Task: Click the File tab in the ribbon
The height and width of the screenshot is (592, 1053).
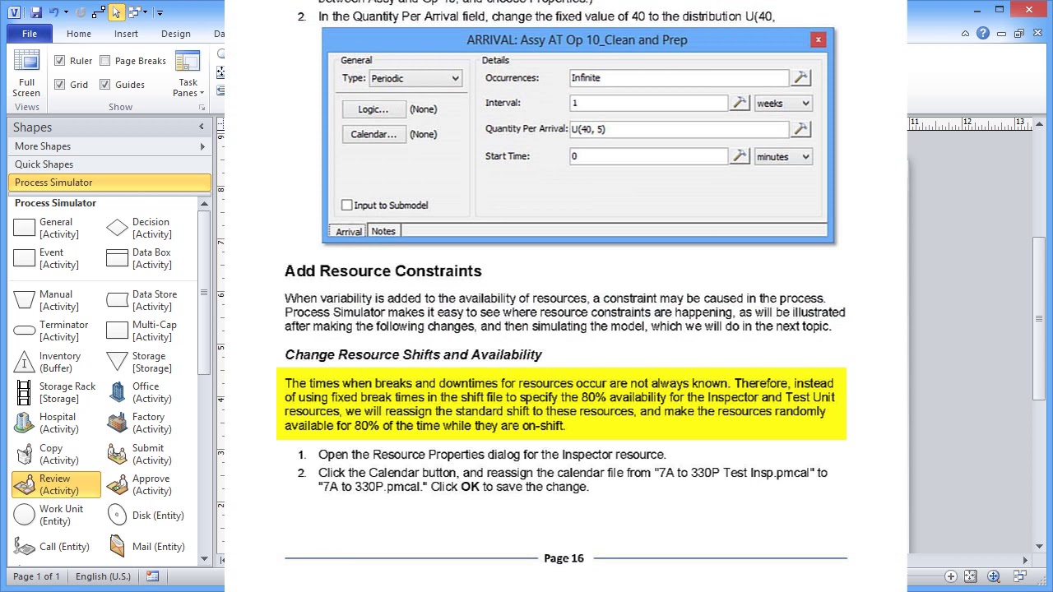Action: (30, 34)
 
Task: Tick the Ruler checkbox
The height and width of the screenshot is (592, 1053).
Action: (59, 61)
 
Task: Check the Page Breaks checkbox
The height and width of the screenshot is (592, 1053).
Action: (105, 61)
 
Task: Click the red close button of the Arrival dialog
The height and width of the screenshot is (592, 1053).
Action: (818, 39)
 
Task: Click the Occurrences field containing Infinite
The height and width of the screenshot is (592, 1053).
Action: (679, 78)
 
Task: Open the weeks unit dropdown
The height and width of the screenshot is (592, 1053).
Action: (783, 104)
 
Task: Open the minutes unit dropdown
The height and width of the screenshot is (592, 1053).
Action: (783, 157)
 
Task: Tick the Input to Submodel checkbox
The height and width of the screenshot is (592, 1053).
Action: (347, 206)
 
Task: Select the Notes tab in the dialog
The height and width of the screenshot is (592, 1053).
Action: (383, 232)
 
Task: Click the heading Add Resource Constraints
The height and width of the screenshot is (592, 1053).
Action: (383, 271)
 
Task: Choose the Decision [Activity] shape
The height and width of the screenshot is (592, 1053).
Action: (118, 228)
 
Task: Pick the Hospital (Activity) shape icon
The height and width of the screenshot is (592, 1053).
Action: (25, 423)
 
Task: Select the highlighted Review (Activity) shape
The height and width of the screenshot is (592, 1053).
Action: (56, 484)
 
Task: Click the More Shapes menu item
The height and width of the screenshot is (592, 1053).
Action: (43, 146)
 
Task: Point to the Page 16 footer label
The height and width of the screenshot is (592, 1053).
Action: (564, 558)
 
